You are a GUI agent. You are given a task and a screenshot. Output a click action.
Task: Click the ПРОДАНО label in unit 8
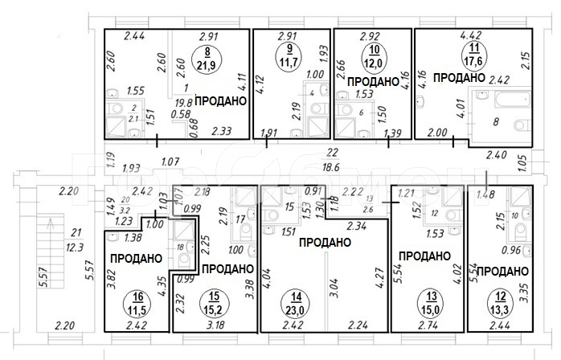coord(219,101)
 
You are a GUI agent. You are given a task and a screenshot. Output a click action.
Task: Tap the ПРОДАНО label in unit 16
coord(135,258)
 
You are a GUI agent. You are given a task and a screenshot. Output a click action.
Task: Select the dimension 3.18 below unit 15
coord(216,326)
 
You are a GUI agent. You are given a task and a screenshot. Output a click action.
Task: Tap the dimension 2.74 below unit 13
coord(424,326)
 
